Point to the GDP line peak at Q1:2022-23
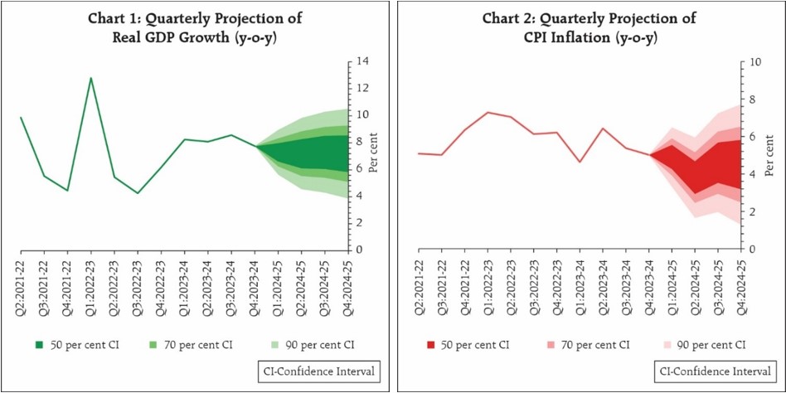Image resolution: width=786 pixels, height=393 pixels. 90,78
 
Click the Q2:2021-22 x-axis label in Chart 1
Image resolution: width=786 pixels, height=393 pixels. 21,281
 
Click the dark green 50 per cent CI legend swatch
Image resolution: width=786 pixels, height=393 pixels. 38,344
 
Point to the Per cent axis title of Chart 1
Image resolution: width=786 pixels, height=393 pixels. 374,155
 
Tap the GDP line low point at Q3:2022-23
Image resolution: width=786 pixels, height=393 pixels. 138,193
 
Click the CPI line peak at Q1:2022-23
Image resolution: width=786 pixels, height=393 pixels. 488,112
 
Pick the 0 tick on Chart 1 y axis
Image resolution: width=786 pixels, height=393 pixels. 358,250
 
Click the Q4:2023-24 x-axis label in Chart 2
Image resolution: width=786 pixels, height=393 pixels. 650,281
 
